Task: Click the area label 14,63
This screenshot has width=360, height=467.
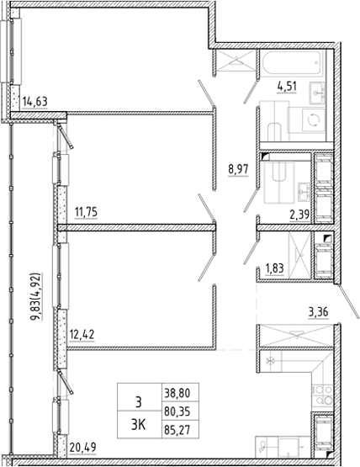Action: (34, 102)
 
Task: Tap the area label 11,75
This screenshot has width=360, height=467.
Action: (86, 212)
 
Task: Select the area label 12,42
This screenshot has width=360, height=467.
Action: (82, 334)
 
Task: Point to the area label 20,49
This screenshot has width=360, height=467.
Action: (82, 447)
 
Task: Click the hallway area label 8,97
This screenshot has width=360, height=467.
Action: (238, 170)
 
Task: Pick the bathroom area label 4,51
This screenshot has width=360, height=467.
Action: (287, 87)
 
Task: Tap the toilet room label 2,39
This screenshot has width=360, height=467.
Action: (299, 214)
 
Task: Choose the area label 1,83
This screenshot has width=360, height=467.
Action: (274, 268)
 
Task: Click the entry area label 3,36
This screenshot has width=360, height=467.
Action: (318, 313)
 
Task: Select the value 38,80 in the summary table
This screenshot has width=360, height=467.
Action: (177, 393)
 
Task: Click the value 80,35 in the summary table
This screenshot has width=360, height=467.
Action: (177, 411)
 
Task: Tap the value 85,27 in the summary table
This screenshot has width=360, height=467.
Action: (177, 430)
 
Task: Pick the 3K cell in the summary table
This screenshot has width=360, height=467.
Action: (139, 425)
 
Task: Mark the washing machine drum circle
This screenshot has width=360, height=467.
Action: (313, 120)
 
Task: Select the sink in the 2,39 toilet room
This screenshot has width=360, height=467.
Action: (304, 192)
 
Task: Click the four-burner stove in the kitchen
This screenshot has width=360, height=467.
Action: (322, 395)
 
